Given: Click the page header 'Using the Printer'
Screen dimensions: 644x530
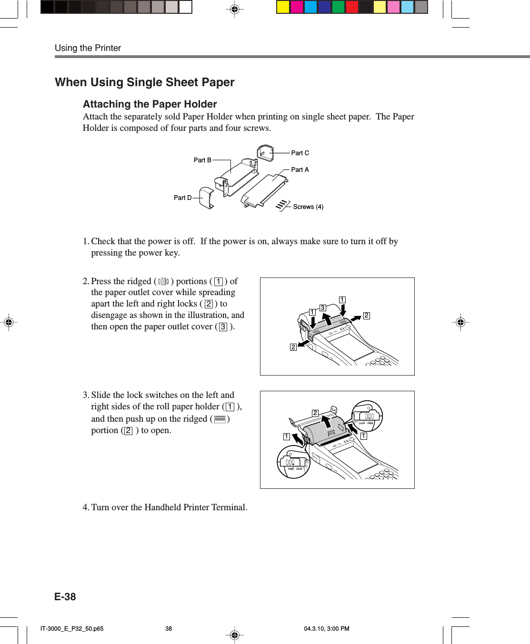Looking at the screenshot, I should [x=88, y=48].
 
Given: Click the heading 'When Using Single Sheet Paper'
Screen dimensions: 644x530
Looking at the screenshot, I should [x=144, y=82].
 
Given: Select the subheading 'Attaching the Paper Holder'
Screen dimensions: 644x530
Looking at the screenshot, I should [x=150, y=104].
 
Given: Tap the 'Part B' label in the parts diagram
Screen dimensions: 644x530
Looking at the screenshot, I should [x=202, y=160].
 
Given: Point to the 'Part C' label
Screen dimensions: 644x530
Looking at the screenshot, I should [x=300, y=153].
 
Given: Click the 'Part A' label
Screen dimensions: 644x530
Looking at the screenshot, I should [x=300, y=170].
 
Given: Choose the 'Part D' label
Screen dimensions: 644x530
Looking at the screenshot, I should [x=182, y=198].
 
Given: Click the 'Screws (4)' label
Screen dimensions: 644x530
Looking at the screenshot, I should [x=308, y=207].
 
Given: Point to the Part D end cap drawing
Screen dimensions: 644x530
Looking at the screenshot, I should [x=206, y=198].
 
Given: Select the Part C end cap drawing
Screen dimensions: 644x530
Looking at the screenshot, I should [x=265, y=153].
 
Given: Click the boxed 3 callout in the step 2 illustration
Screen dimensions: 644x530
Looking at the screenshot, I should [x=322, y=308].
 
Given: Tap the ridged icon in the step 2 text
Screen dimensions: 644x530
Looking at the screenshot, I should [x=163, y=282].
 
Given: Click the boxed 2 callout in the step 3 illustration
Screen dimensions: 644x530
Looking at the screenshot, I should [x=315, y=413].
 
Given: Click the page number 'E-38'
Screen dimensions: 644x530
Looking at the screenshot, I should [x=65, y=597].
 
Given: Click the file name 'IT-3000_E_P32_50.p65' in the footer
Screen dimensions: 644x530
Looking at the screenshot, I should [x=72, y=629].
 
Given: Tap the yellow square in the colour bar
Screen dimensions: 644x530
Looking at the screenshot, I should [x=283, y=7].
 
